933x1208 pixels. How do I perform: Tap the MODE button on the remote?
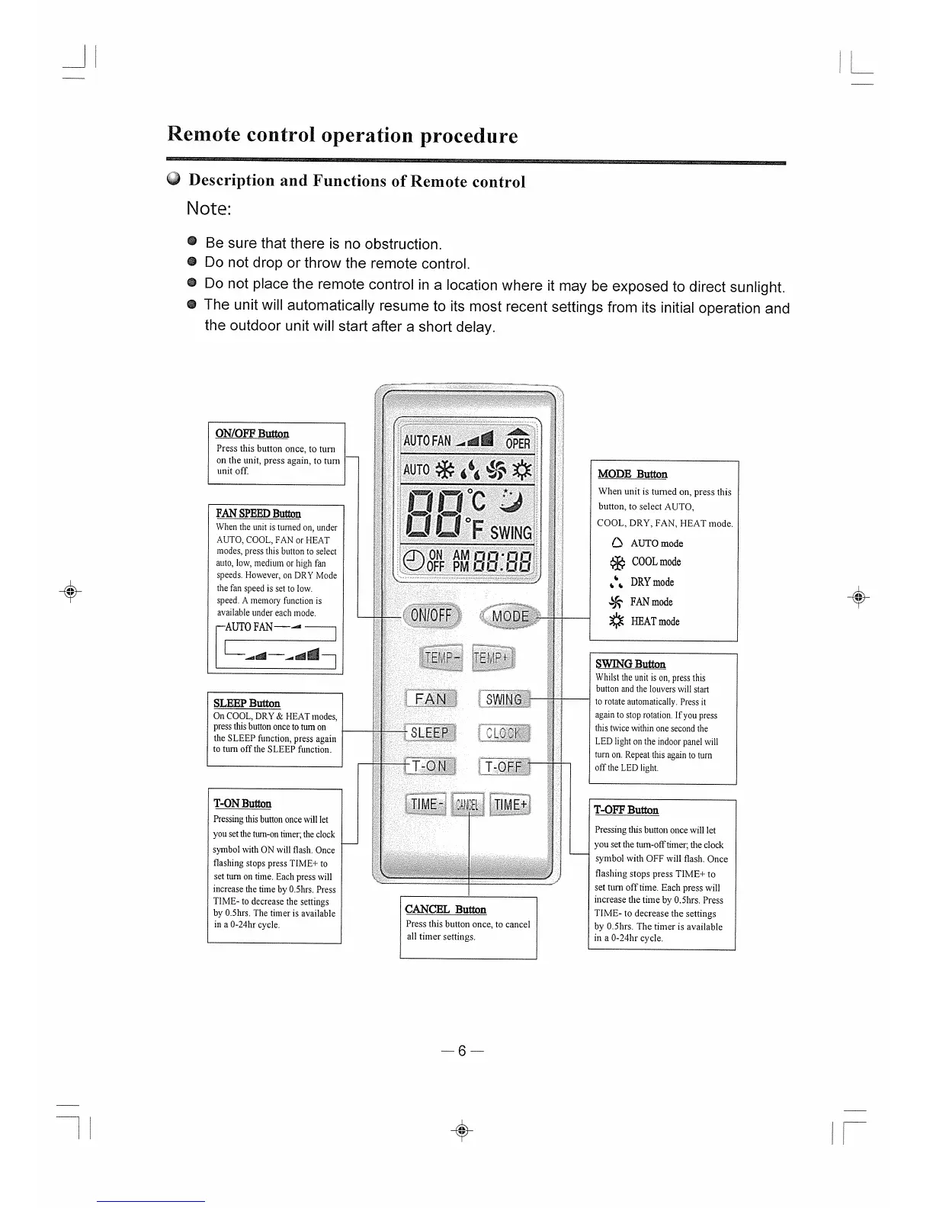point(509,617)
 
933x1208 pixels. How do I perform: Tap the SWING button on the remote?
point(504,699)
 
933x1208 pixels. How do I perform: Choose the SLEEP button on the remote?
point(430,733)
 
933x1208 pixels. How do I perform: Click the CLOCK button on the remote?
point(504,734)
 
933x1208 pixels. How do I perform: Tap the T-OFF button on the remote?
point(504,766)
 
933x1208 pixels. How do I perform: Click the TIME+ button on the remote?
point(510,805)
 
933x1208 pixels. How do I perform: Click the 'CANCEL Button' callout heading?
point(445,909)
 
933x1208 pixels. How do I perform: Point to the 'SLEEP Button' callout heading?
point(246,703)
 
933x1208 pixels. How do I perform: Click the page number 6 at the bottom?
point(462,1052)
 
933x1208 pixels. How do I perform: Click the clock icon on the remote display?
point(414,561)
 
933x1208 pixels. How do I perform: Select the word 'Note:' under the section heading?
point(208,209)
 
